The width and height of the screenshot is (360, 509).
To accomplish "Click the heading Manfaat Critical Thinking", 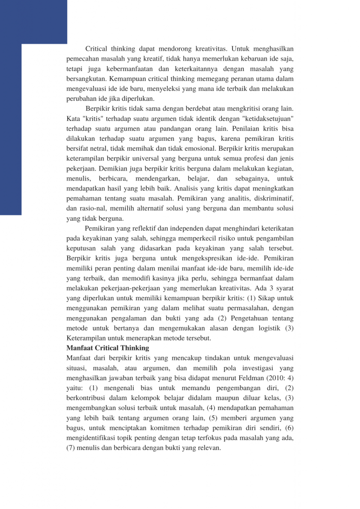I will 107,348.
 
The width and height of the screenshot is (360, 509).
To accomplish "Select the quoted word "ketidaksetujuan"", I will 261,119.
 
